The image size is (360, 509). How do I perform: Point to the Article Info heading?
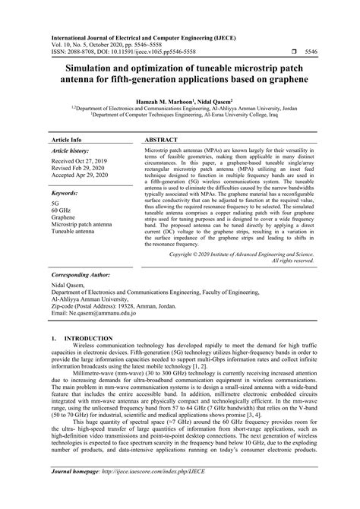66,120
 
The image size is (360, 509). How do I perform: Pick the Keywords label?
67,172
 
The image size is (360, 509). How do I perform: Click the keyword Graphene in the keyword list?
64,197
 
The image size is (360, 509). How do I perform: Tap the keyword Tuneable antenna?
77,211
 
